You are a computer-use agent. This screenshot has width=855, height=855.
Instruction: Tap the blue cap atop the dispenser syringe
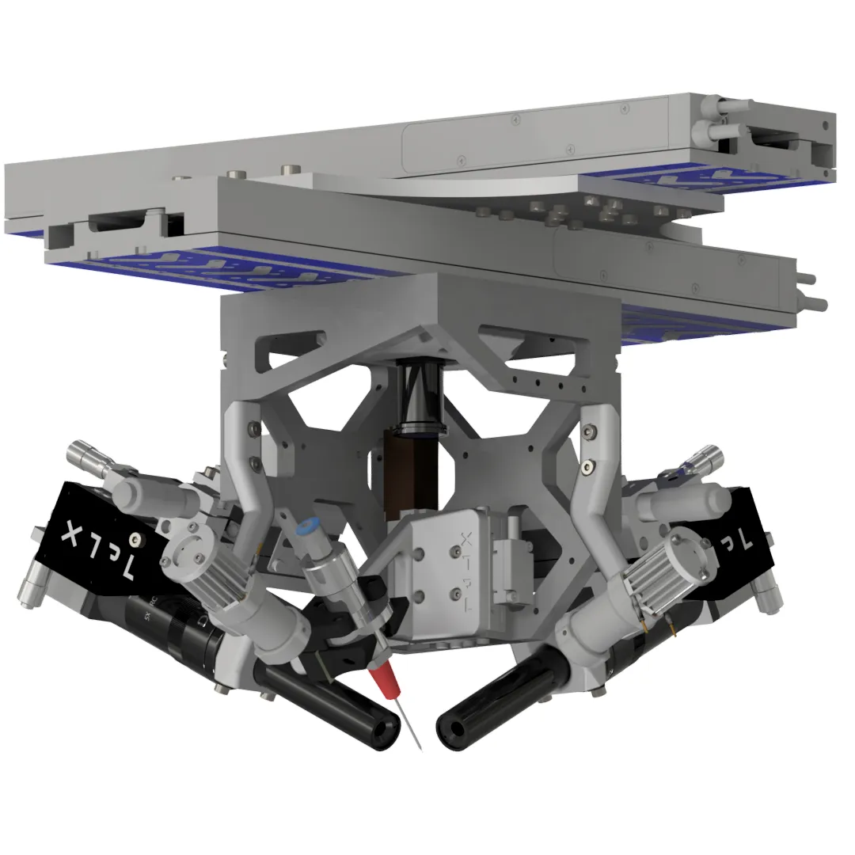[305, 528]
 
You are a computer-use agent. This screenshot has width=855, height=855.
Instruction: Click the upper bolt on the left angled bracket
[253, 428]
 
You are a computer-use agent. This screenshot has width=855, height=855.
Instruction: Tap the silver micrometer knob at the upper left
[82, 455]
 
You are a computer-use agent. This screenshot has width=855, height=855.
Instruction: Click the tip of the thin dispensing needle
[419, 747]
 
